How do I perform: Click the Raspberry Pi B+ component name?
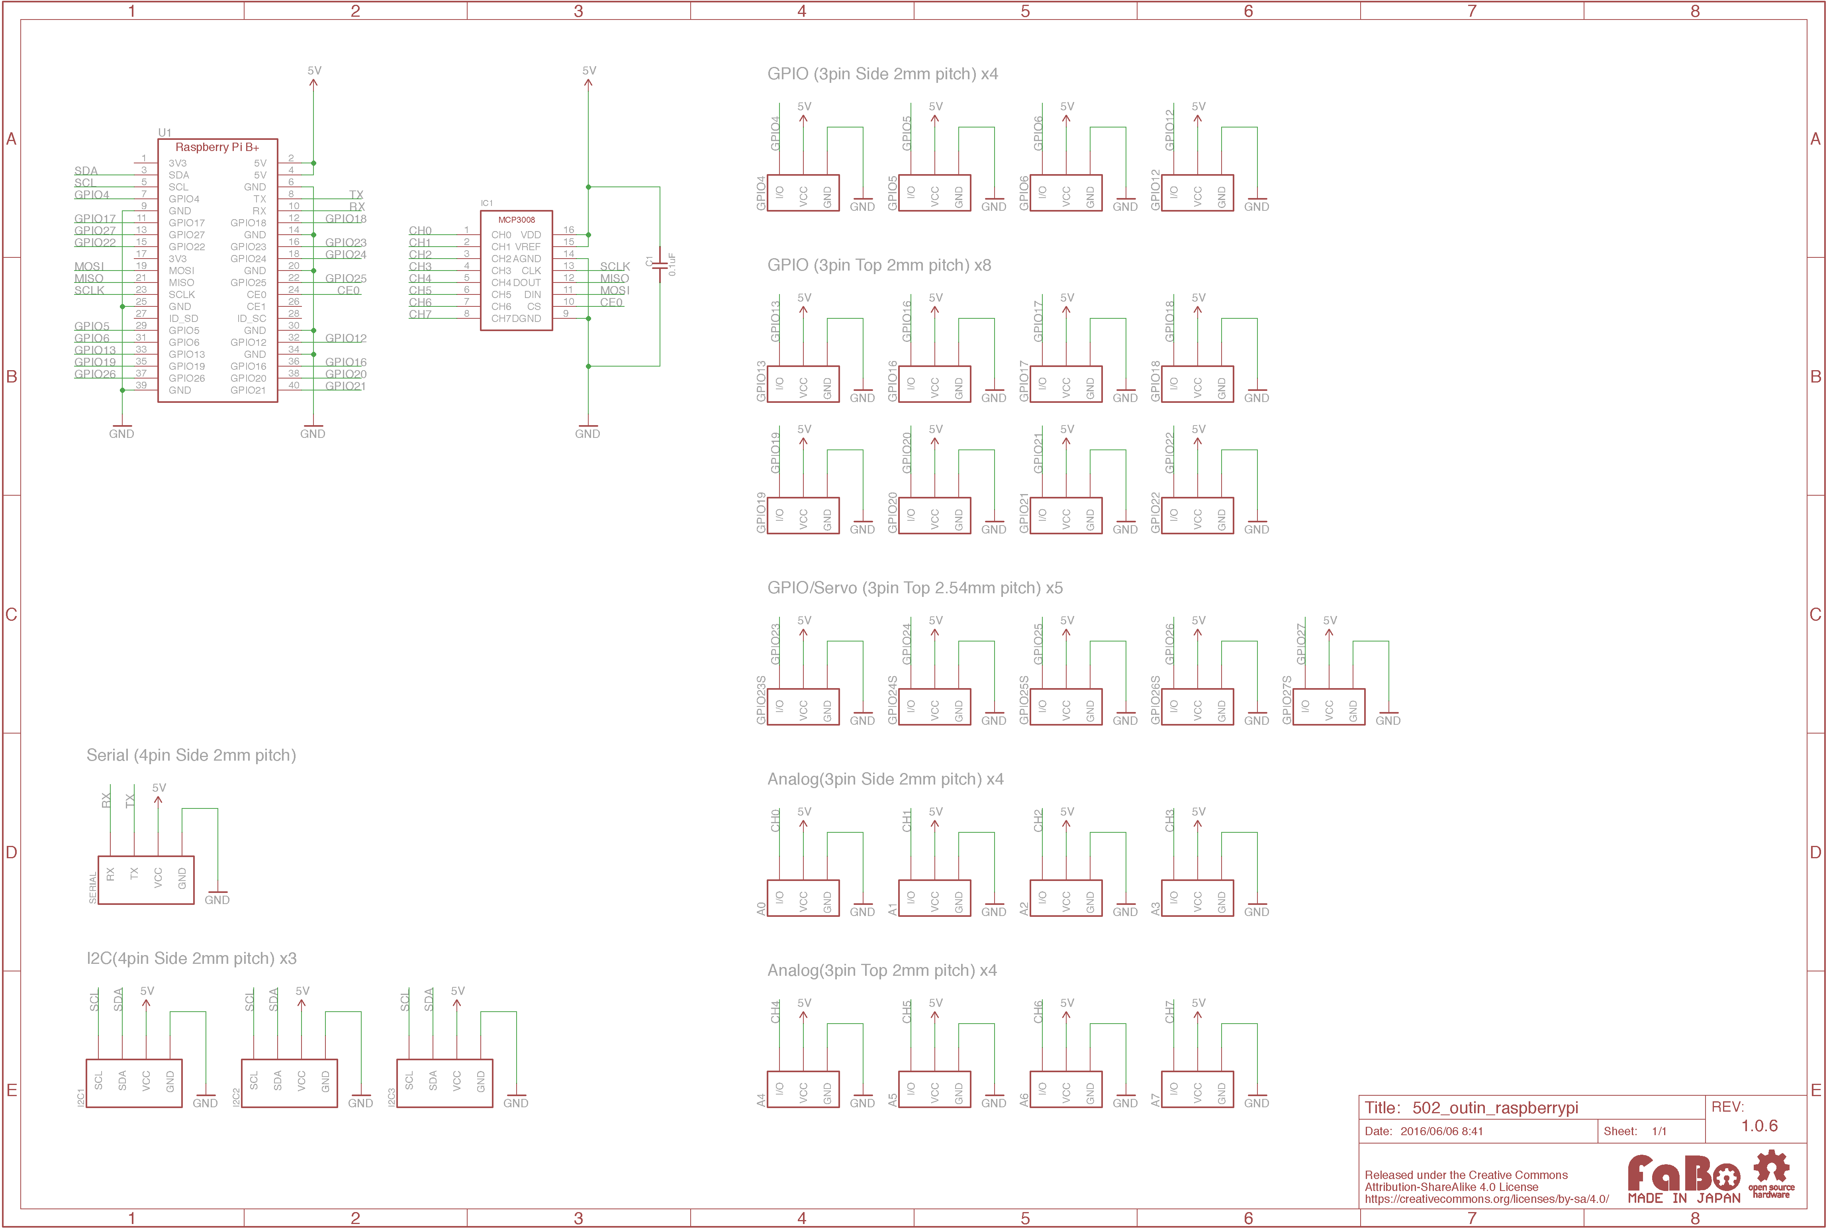[217, 147]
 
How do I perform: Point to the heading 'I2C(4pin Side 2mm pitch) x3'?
[191, 959]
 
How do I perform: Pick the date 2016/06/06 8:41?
[1441, 1131]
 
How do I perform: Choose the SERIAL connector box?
[146, 880]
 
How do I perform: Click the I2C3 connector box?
[445, 1083]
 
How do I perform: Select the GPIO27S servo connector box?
[1328, 707]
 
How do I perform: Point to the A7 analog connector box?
[1197, 1090]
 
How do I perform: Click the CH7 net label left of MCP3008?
[420, 314]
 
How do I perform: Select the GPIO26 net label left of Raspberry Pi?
[95, 374]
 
